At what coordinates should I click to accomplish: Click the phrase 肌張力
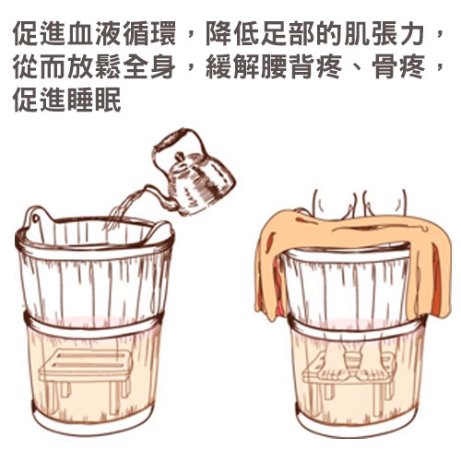(384, 34)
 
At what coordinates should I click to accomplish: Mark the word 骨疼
(398, 66)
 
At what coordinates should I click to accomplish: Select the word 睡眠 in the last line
(94, 100)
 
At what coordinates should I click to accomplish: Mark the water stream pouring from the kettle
(122, 209)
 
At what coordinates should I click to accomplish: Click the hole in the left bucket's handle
(36, 219)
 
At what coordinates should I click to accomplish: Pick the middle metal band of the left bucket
(92, 326)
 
